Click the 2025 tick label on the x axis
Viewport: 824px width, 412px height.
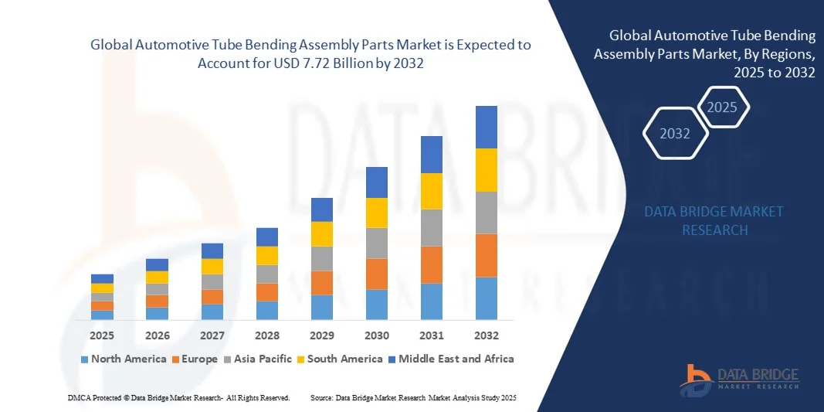point(102,336)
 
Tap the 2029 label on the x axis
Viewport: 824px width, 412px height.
point(322,336)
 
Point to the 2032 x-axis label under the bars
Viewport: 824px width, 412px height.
point(487,336)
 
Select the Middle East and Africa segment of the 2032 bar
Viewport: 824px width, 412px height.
point(487,127)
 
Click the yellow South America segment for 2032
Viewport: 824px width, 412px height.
point(487,170)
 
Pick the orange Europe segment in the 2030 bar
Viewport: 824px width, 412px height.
point(377,274)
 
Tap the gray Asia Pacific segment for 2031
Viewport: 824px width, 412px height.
point(432,228)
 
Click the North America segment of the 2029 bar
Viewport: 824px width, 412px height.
point(322,308)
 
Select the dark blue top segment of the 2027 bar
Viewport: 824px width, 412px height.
point(212,251)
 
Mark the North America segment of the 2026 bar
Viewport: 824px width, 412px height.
point(157,314)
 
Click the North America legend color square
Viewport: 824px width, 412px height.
point(84,359)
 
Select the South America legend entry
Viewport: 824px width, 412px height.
point(344,359)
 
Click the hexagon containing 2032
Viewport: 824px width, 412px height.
point(675,134)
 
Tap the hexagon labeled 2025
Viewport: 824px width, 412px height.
point(722,107)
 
